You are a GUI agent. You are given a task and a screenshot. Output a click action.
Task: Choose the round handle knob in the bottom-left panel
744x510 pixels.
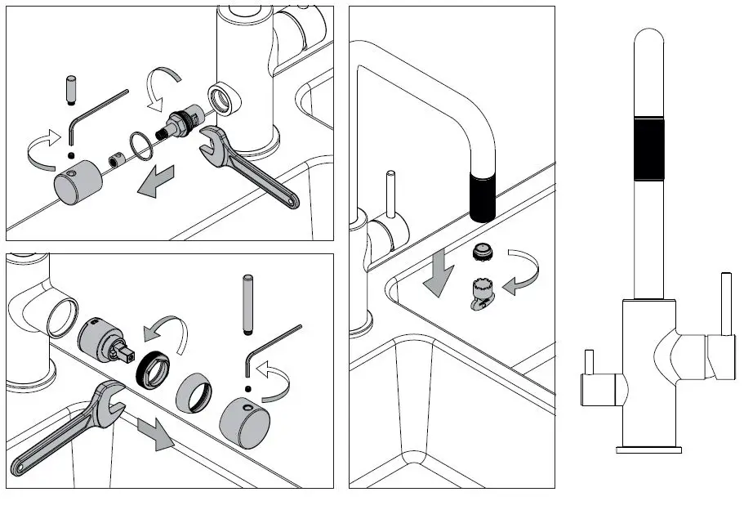pyautogui.click(x=244, y=422)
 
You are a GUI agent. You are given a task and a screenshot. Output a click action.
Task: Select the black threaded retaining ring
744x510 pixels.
pyautogui.click(x=152, y=369)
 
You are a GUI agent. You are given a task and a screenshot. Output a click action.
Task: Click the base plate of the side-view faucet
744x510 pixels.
pyautogui.click(x=650, y=450)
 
